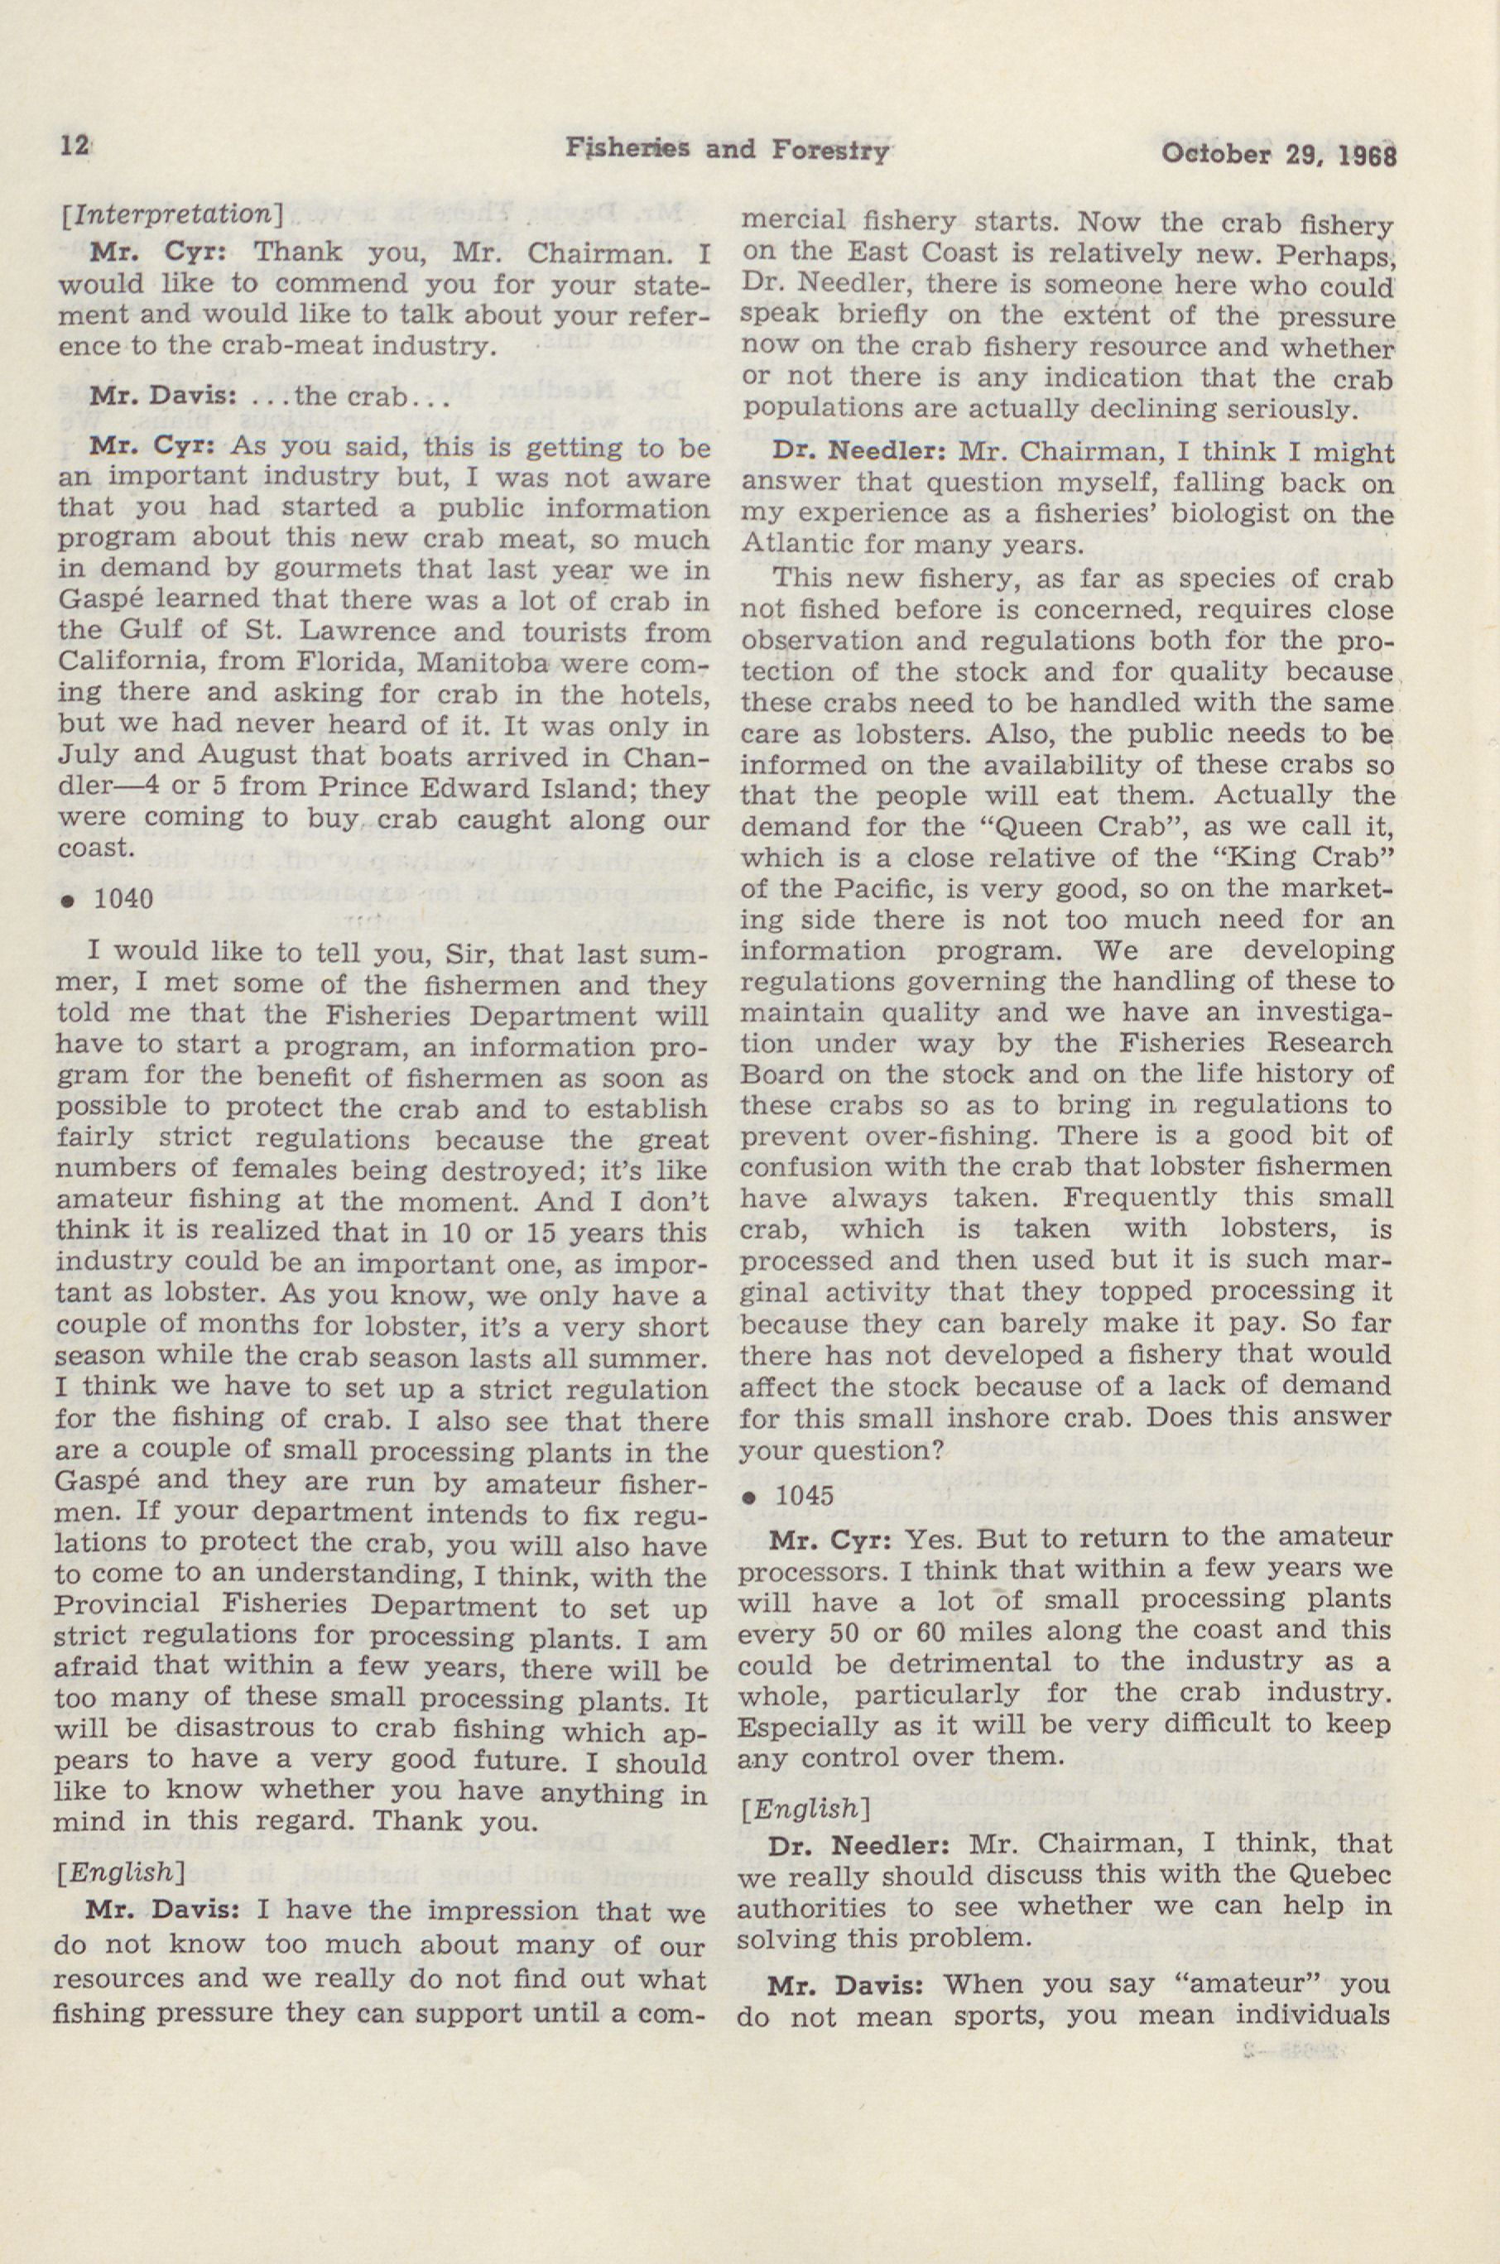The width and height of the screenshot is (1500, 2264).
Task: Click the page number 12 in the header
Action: pyautogui.click(x=73, y=146)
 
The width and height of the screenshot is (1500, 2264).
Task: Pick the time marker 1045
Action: pyautogui.click(x=805, y=1496)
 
